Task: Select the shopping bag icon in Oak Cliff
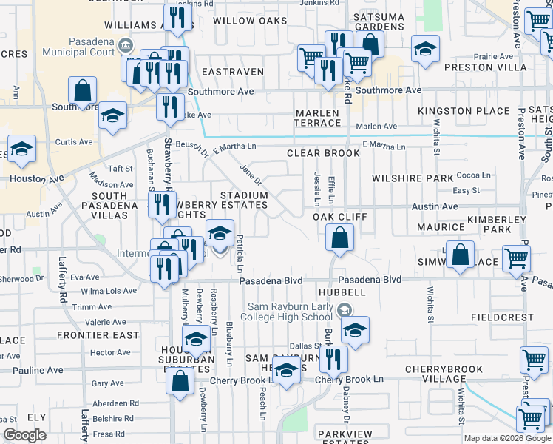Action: tap(339, 238)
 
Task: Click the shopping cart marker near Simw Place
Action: tap(516, 258)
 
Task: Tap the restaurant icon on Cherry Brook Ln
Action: tap(335, 359)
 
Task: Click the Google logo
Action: tap(24, 435)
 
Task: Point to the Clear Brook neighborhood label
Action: tap(323, 153)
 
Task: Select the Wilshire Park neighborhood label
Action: tap(413, 178)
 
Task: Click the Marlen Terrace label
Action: tap(317, 117)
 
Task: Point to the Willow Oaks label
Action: tap(250, 21)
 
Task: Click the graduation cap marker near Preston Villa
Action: tap(425, 49)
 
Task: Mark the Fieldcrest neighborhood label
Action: tap(502, 317)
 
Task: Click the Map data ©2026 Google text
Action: tap(508, 438)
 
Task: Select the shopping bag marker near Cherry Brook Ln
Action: tap(180, 382)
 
